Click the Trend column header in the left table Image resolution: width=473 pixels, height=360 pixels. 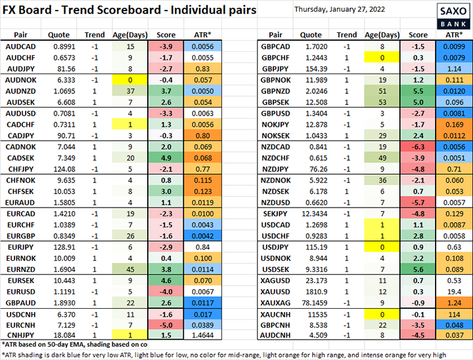point(95,34)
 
